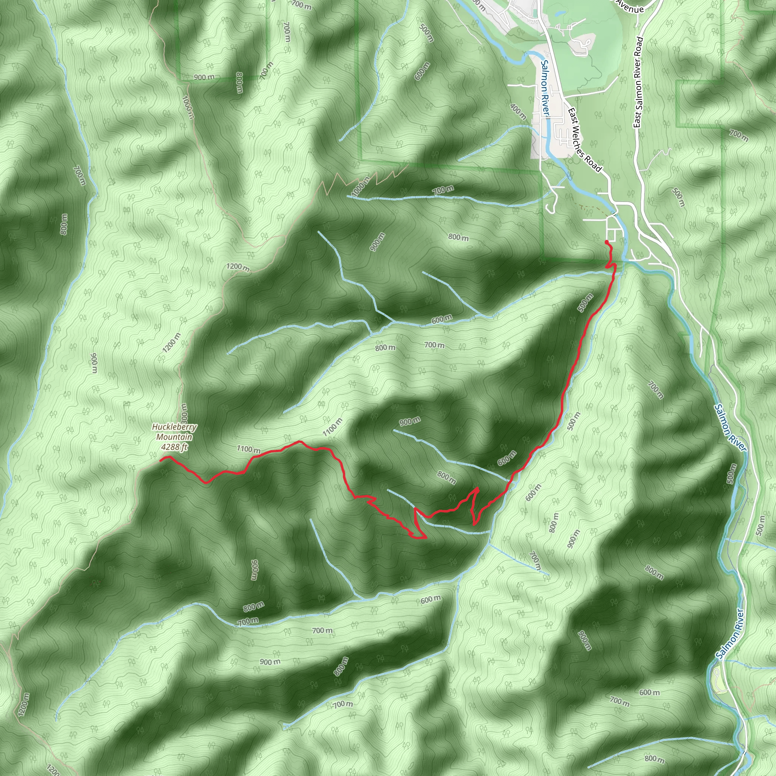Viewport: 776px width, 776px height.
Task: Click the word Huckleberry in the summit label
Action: pos(174,427)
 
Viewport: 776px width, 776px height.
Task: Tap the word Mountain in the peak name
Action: pos(174,436)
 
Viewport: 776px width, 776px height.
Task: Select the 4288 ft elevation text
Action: pos(174,447)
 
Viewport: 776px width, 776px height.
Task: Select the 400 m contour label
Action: pos(518,112)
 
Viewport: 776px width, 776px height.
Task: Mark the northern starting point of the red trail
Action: pos(606,242)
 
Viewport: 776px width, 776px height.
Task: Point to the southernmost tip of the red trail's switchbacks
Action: pos(420,538)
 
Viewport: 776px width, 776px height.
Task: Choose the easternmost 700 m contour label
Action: pos(738,135)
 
